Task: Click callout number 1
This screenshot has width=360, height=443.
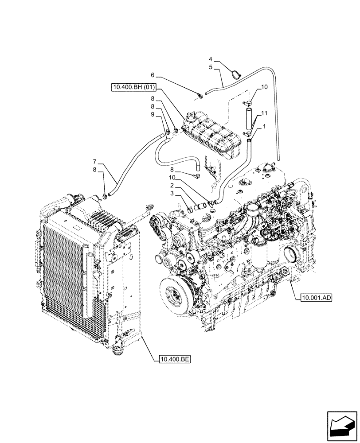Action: [265, 127]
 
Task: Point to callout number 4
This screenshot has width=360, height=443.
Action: [211, 58]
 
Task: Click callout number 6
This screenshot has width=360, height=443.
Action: [152, 75]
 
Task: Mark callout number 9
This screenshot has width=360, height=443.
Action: [152, 114]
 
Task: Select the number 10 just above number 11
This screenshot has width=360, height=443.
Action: [264, 87]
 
